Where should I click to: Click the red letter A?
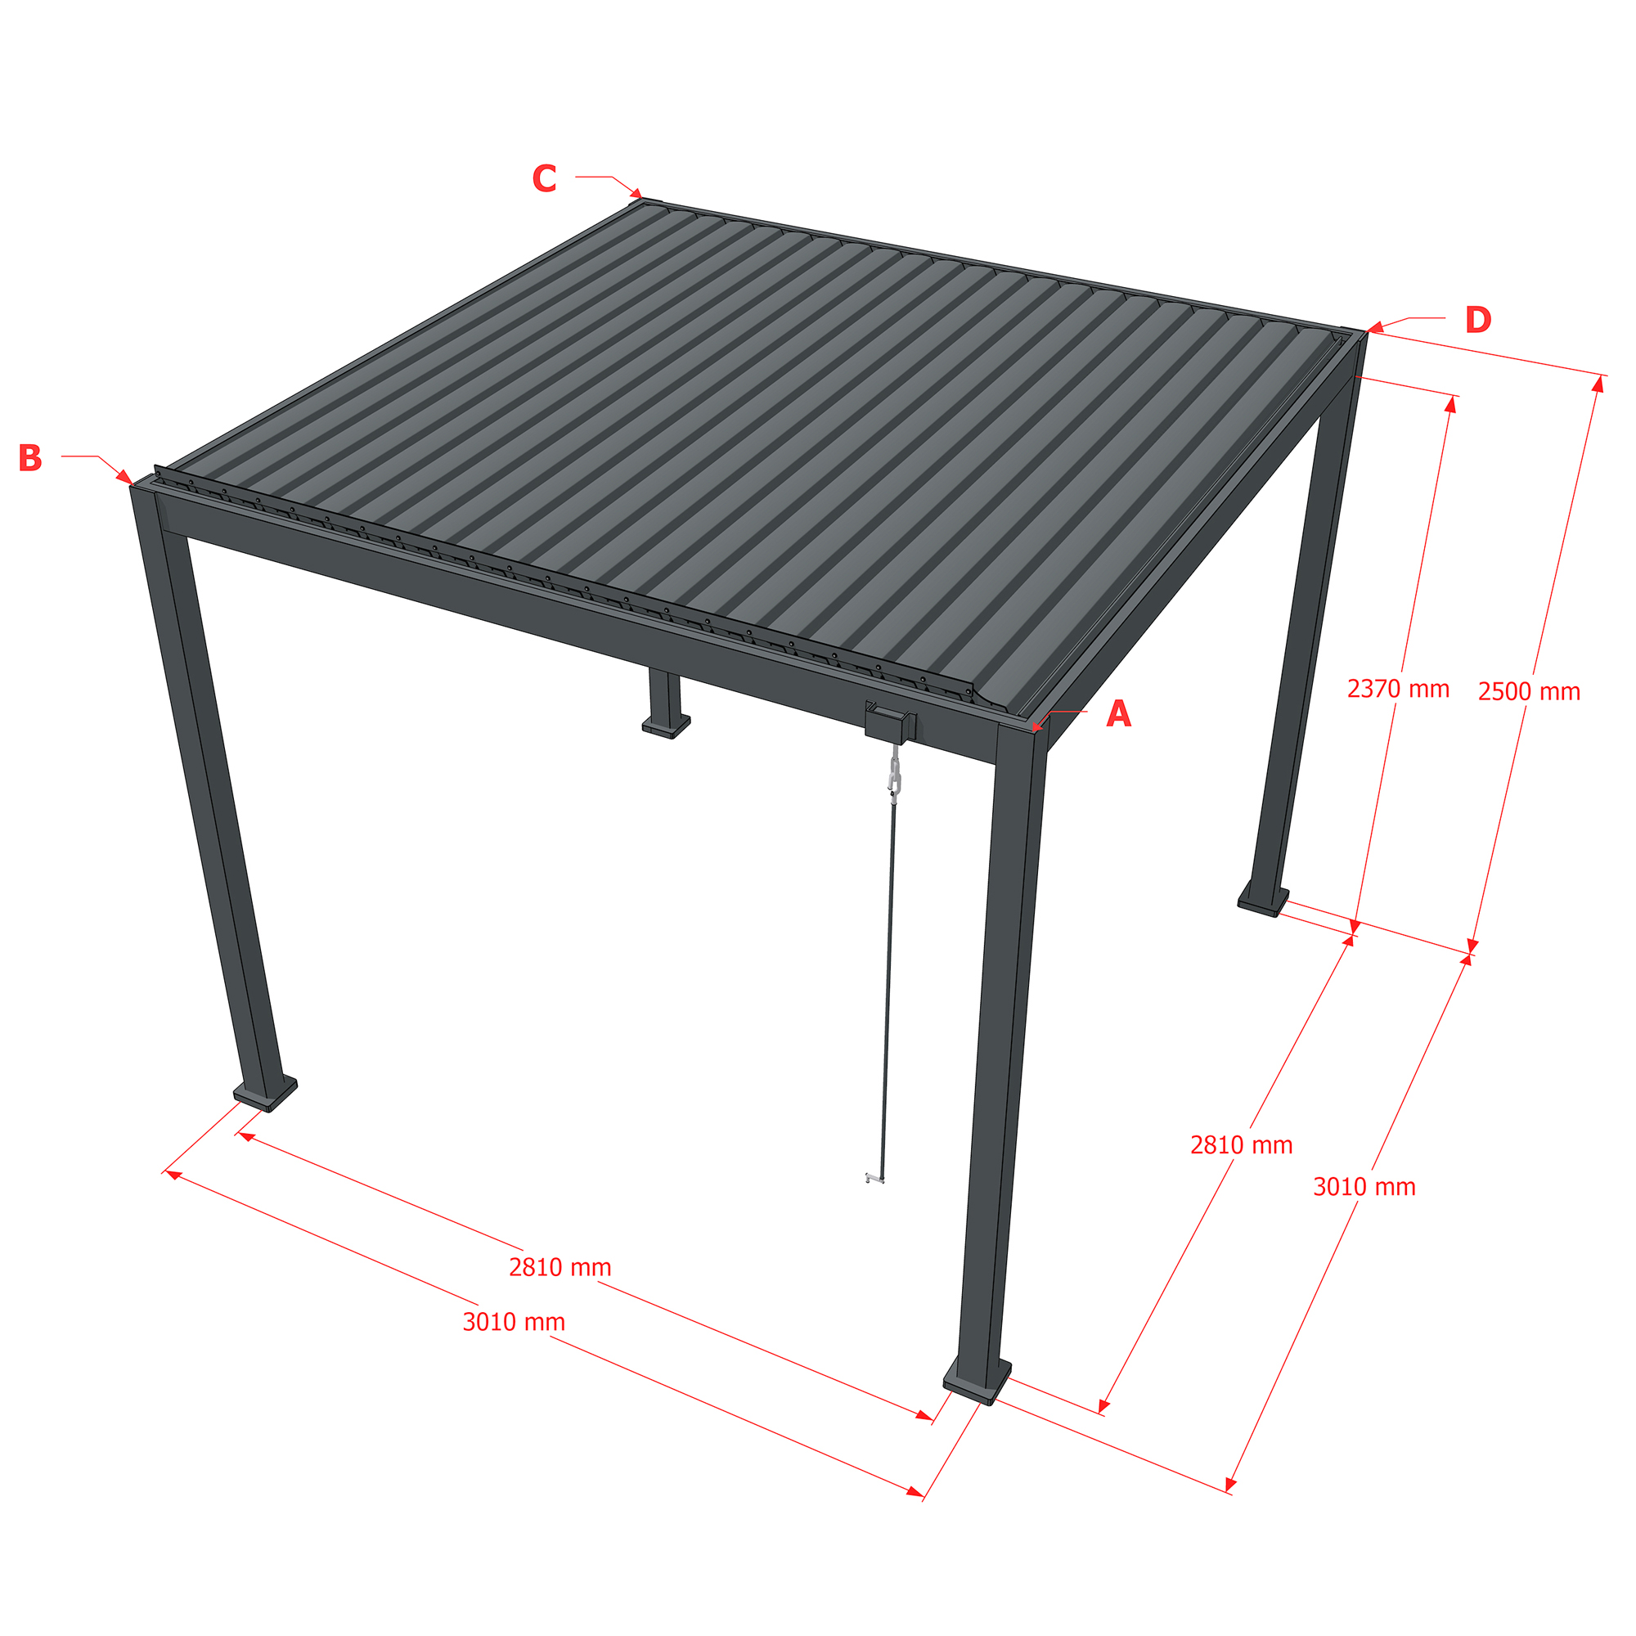pyautogui.click(x=1118, y=714)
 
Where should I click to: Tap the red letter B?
pyautogui.click(x=29, y=458)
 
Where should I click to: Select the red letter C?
pyautogui.click(x=545, y=178)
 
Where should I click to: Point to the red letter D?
pyautogui.click(x=1477, y=320)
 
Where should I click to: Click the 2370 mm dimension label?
pyautogui.click(x=1398, y=689)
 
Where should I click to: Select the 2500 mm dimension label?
pyautogui.click(x=1530, y=692)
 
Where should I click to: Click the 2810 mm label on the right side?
pyautogui.click(x=1242, y=1145)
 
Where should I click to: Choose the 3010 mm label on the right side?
pyautogui.click(x=1364, y=1186)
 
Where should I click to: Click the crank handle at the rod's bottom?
pyautogui.click(x=874, y=1177)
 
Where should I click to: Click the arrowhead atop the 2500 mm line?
pyautogui.click(x=1597, y=384)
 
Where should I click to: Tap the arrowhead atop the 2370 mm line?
pyautogui.click(x=1450, y=405)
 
